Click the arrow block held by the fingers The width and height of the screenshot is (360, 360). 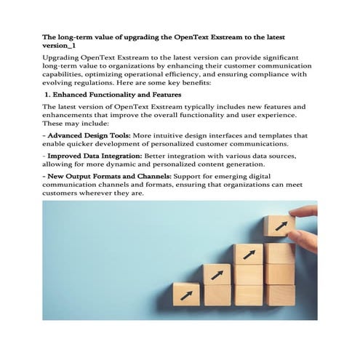(279, 225)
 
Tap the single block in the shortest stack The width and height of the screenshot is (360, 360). (186, 295)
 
